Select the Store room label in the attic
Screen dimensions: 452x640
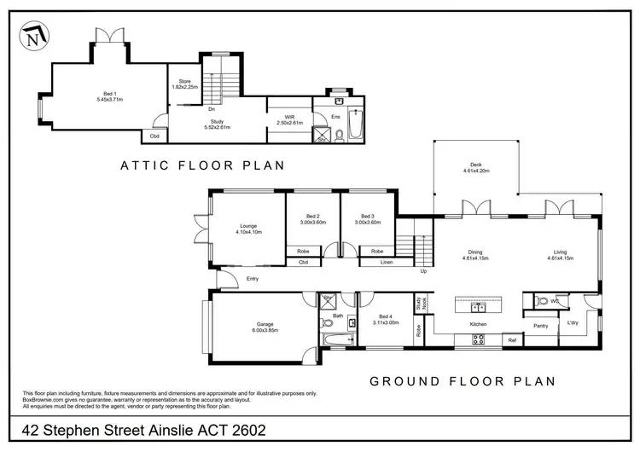click(x=184, y=84)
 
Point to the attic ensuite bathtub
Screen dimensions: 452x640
click(x=357, y=125)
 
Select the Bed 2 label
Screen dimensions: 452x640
click(x=311, y=218)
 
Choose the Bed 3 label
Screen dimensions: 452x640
click(x=367, y=218)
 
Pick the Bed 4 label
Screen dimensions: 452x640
click(x=386, y=318)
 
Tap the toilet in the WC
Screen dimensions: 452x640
click(x=541, y=301)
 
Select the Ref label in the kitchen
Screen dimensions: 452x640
click(x=512, y=340)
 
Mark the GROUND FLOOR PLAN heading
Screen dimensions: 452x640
click(x=463, y=380)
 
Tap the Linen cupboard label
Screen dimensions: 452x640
click(x=386, y=263)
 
